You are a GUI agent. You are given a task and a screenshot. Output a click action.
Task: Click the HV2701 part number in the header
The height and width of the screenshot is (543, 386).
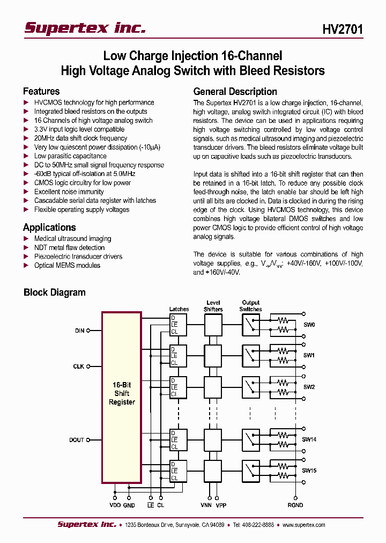pos(343,29)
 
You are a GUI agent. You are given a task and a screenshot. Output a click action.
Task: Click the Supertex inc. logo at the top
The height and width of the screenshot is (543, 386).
pos(85,28)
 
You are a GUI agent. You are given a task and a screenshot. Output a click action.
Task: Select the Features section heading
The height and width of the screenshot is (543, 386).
pos(41,91)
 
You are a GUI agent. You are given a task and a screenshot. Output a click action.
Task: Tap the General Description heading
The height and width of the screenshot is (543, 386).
pos(235,91)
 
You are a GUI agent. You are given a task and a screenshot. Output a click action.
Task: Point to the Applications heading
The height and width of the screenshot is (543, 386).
pos(49,228)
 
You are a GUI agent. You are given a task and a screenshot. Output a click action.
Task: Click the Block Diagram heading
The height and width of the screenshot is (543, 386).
pos(54,292)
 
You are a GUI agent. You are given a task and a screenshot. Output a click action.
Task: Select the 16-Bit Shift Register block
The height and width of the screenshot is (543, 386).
pos(122,393)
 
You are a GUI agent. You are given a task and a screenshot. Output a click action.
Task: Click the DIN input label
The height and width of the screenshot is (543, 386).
pos(79,331)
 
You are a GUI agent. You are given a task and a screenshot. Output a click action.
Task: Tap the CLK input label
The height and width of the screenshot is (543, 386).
pos(79,366)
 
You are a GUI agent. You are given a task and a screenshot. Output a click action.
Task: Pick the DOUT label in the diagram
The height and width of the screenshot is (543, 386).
pos(77,440)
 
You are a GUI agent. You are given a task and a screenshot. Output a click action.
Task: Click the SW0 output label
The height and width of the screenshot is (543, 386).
pos(309,325)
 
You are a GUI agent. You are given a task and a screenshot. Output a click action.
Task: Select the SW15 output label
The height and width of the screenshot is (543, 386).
pos(309,471)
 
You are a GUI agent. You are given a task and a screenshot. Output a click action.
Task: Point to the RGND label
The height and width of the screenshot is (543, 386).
pos(295,505)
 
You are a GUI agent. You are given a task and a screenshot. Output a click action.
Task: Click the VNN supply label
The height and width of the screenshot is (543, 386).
pos(206,505)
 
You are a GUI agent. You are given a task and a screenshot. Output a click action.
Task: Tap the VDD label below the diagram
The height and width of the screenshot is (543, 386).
pos(114,505)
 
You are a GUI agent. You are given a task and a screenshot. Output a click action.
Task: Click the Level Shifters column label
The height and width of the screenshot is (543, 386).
pos(213,306)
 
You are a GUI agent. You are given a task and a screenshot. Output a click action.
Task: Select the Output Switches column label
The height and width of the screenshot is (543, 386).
pos(250,306)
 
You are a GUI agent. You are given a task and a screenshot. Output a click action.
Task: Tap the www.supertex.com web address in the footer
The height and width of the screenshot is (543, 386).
pos(303,525)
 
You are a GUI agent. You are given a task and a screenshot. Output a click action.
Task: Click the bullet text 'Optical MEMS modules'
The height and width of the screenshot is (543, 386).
pos(67,266)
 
